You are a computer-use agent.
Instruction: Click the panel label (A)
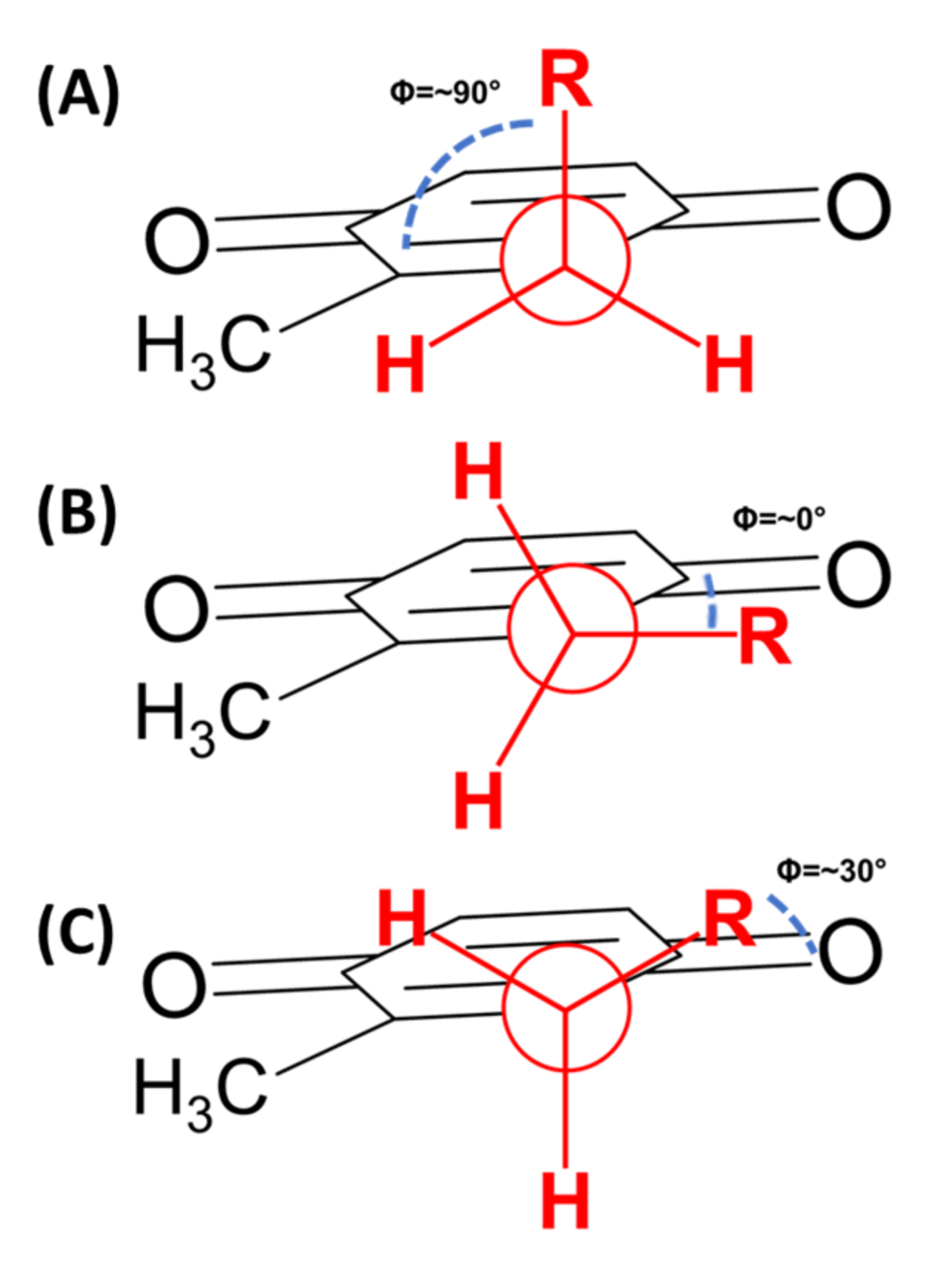point(78,95)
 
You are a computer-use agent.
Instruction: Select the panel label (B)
point(77,514)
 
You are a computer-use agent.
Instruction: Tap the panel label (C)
point(76,933)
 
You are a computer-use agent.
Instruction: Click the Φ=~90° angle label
point(445,92)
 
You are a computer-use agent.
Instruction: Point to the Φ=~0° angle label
point(779,518)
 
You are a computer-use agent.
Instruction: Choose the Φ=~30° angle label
point(831,871)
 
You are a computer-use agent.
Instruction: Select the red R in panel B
point(764,638)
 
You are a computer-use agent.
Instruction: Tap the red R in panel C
point(729,919)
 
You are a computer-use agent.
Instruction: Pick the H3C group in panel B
point(203,716)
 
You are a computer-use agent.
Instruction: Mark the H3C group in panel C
point(200,1091)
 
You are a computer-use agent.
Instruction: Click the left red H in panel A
point(400,364)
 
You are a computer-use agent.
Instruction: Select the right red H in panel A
point(729,364)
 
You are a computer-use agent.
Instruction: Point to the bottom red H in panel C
point(566,1201)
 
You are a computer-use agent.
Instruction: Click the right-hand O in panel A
point(858,207)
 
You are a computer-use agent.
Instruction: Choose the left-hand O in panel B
point(176,610)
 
